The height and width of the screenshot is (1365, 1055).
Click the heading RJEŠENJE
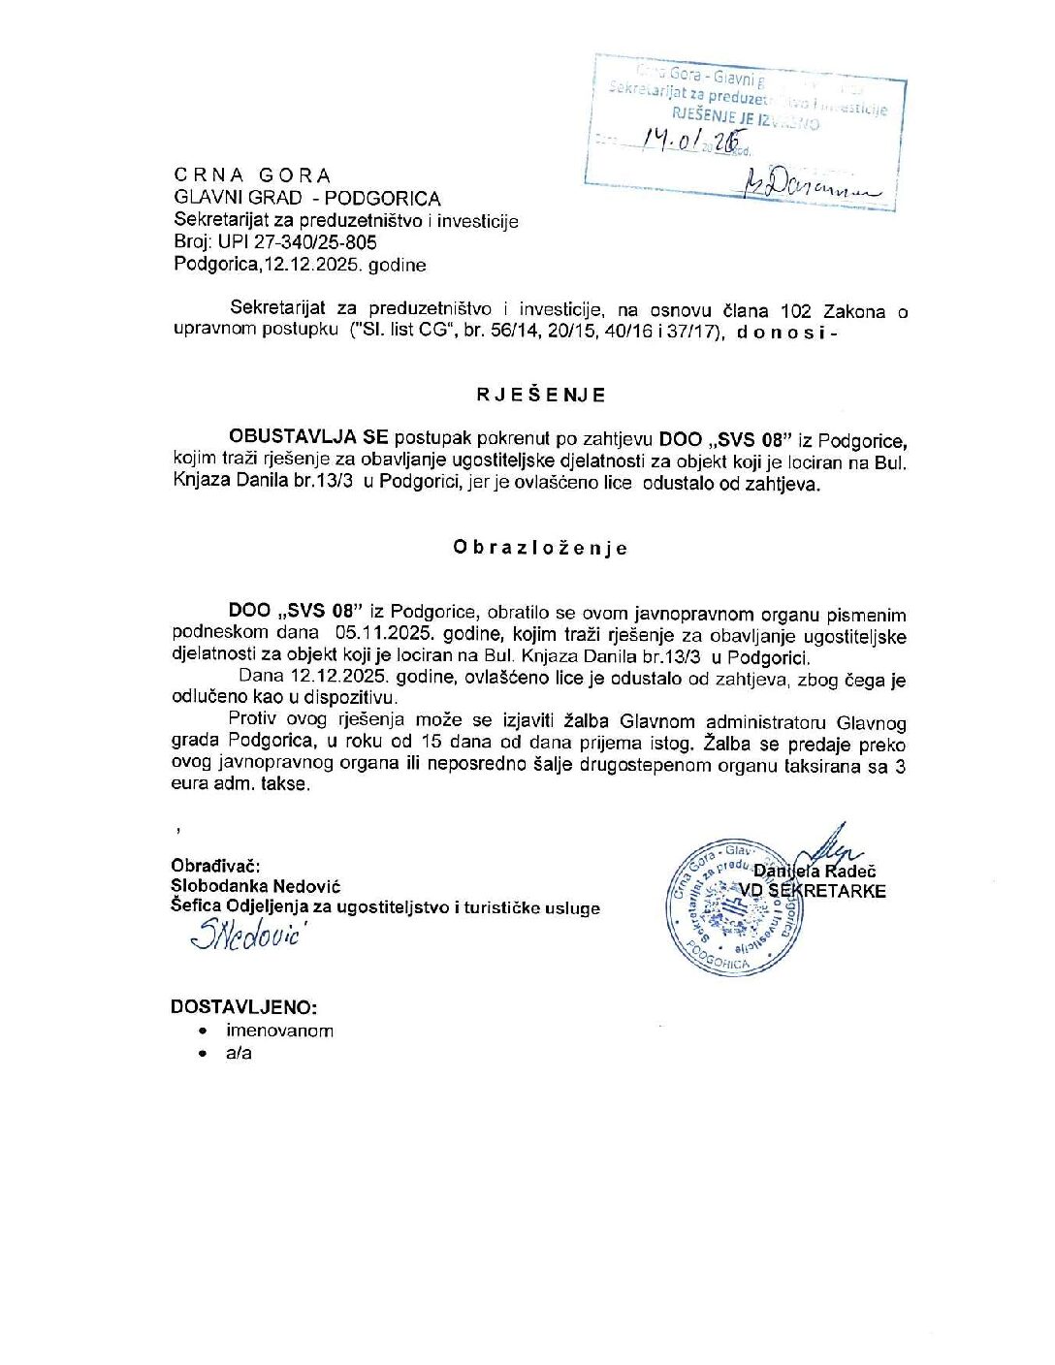pyautogui.click(x=541, y=395)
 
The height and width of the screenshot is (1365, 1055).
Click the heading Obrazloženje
pyautogui.click(x=540, y=548)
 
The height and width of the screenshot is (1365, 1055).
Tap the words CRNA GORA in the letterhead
pyautogui.click(x=252, y=175)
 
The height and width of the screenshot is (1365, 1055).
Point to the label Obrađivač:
pyautogui.click(x=215, y=866)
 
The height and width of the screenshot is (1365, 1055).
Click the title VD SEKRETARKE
pyautogui.click(x=813, y=891)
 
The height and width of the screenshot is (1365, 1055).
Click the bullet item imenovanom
pyautogui.click(x=279, y=1031)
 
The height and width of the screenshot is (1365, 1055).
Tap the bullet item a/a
pyautogui.click(x=239, y=1053)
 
